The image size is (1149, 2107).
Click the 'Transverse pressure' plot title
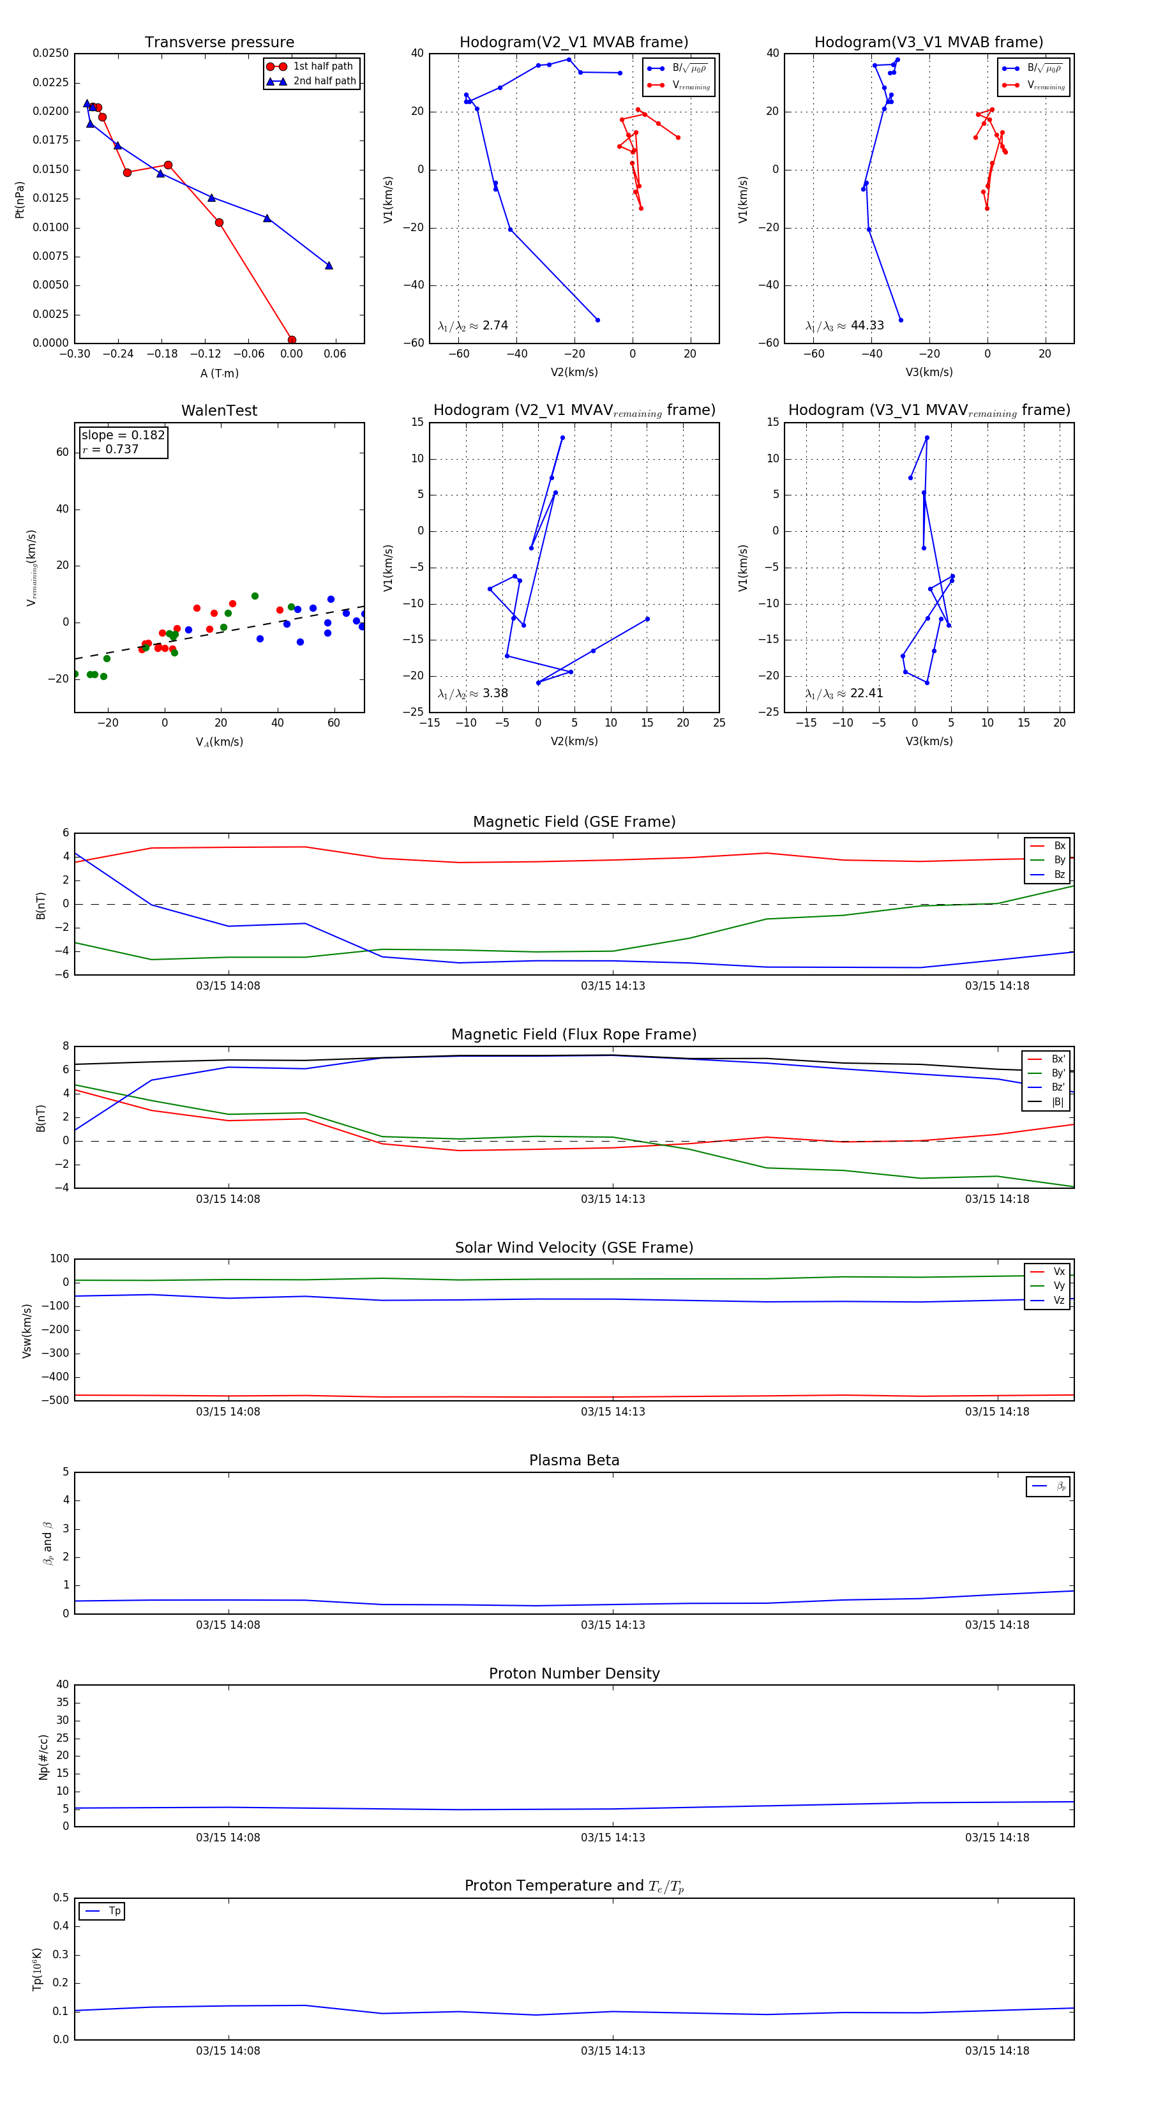tap(219, 43)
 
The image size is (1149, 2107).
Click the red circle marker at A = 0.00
tap(292, 340)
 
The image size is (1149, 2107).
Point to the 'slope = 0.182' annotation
tap(123, 435)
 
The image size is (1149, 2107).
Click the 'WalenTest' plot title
tap(219, 411)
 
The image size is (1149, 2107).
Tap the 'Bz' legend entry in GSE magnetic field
tap(1059, 874)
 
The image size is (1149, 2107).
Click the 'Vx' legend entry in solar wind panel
tap(1059, 1272)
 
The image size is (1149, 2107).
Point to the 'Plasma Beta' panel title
tap(574, 1461)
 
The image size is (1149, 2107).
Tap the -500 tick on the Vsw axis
tap(56, 1400)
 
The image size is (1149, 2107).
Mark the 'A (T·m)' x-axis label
tap(219, 373)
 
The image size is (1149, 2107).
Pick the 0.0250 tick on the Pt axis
tap(50, 53)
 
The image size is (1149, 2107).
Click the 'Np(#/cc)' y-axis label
tap(43, 1757)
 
